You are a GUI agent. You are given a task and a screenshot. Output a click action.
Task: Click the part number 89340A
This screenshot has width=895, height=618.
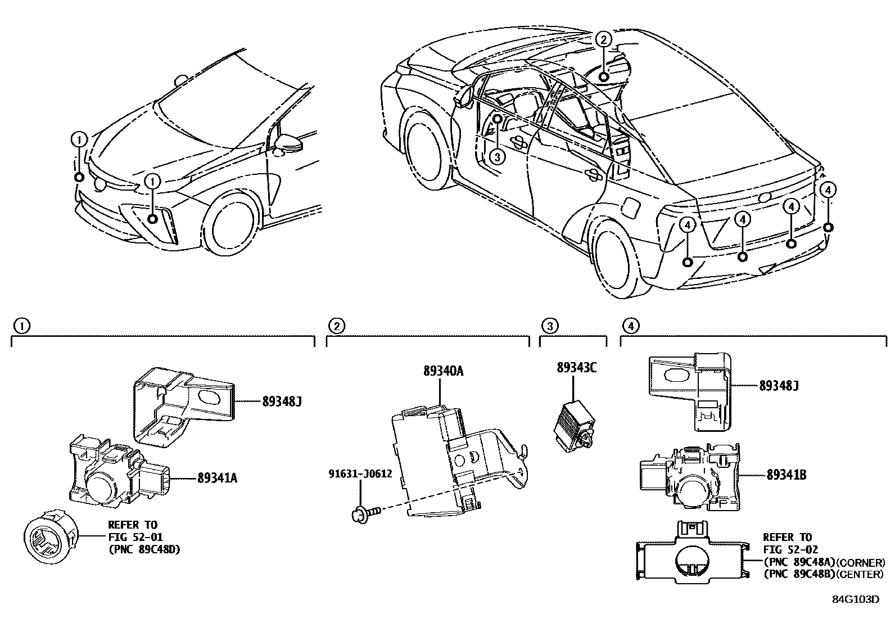[443, 371]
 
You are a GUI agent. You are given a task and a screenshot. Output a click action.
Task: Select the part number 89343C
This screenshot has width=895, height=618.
[576, 367]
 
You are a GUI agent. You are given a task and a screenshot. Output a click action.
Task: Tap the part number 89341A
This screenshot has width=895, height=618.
[217, 479]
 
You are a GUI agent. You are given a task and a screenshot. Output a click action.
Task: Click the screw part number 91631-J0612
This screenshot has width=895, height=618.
[360, 473]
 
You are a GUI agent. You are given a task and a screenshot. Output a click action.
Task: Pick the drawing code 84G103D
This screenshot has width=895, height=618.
[855, 599]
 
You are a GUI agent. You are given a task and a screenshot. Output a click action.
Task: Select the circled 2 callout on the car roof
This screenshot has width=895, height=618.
[603, 39]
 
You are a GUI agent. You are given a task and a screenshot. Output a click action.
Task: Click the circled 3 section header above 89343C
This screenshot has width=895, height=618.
[549, 326]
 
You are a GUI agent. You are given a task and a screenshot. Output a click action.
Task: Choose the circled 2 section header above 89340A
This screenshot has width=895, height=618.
[336, 326]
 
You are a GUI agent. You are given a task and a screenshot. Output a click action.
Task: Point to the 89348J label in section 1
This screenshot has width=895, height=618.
[282, 401]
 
